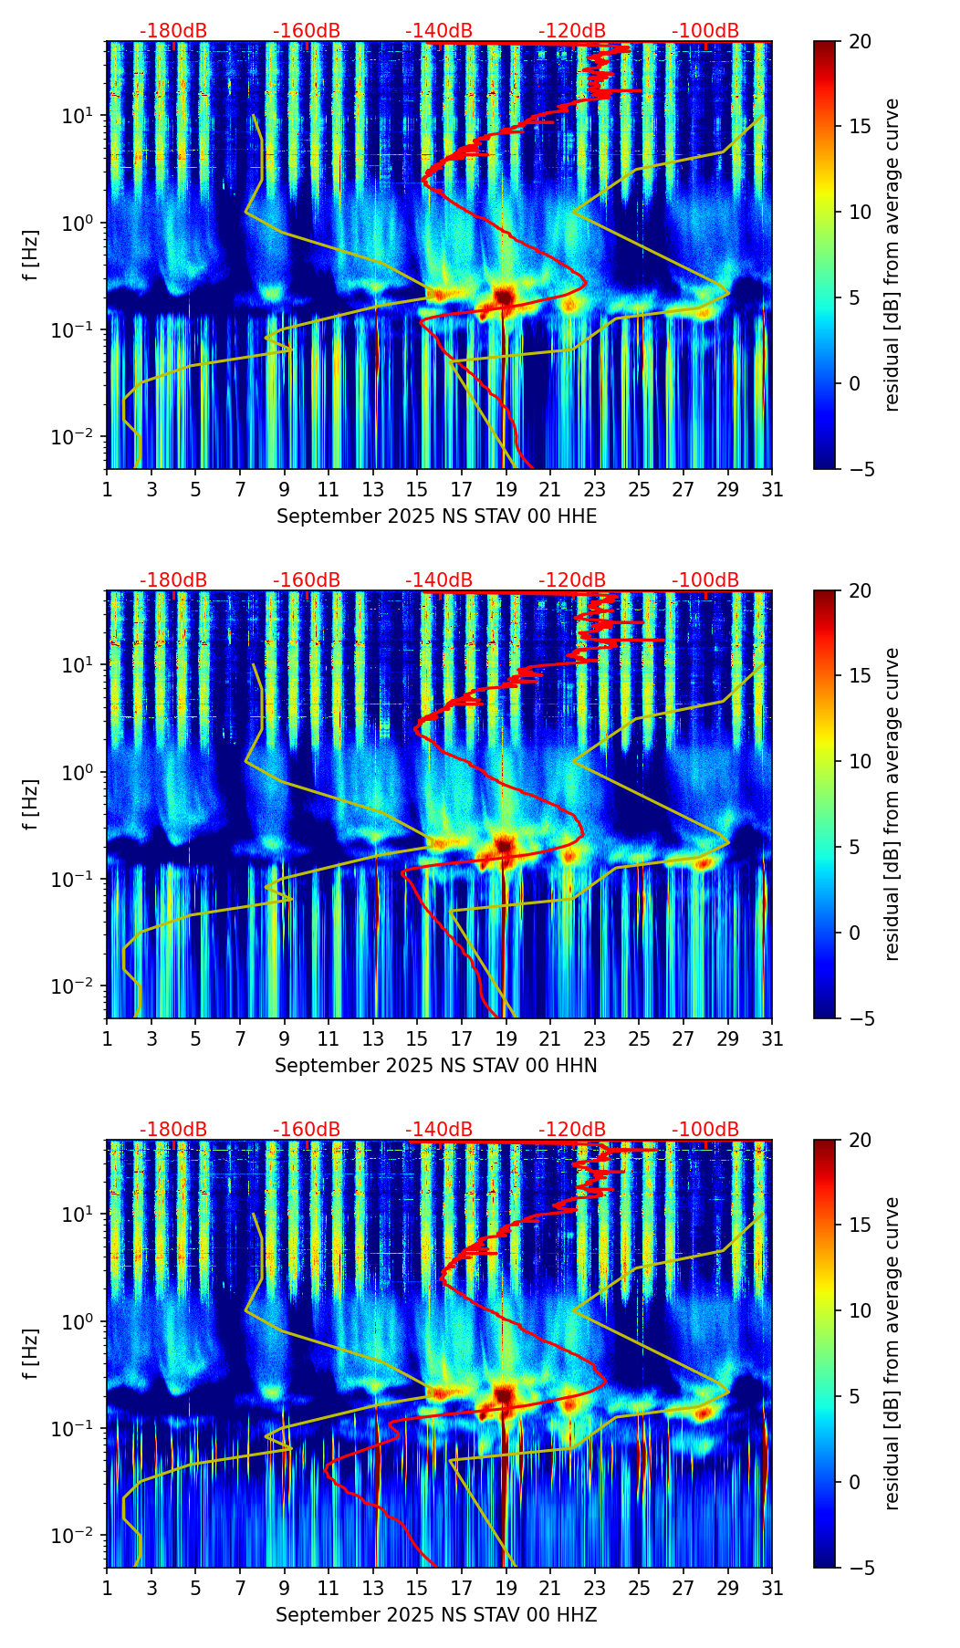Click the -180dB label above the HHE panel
[173, 31]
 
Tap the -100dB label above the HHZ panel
[705, 1130]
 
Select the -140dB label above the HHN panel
[439, 580]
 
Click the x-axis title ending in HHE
[436, 516]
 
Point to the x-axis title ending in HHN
[436, 1066]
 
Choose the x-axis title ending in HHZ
[436, 1615]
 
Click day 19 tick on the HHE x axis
[506, 489]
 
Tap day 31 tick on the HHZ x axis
[771, 1588]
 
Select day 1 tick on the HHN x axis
[108, 1038]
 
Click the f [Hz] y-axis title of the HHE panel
[31, 256]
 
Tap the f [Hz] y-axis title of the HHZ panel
[31, 1354]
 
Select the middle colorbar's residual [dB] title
[892, 804]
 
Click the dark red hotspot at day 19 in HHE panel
[505, 295]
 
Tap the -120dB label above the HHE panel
[572, 31]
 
